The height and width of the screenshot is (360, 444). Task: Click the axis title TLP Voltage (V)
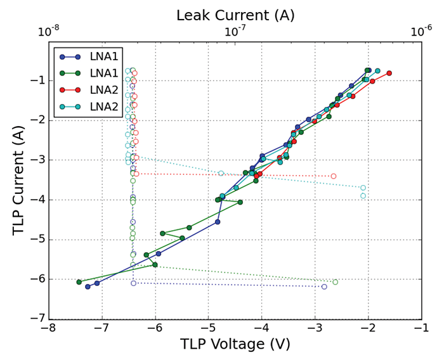(x=235, y=345)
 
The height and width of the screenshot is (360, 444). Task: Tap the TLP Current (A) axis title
(x=18, y=180)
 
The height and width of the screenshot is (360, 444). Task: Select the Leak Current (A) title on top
(x=235, y=15)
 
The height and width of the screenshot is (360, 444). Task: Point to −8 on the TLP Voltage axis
(x=49, y=328)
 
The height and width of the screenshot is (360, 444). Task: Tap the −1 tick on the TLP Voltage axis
(x=421, y=328)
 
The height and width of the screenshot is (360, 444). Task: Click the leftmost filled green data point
(x=79, y=282)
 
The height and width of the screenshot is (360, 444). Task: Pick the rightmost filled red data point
(x=389, y=74)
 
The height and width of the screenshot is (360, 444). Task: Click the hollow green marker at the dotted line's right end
(x=353, y=282)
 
